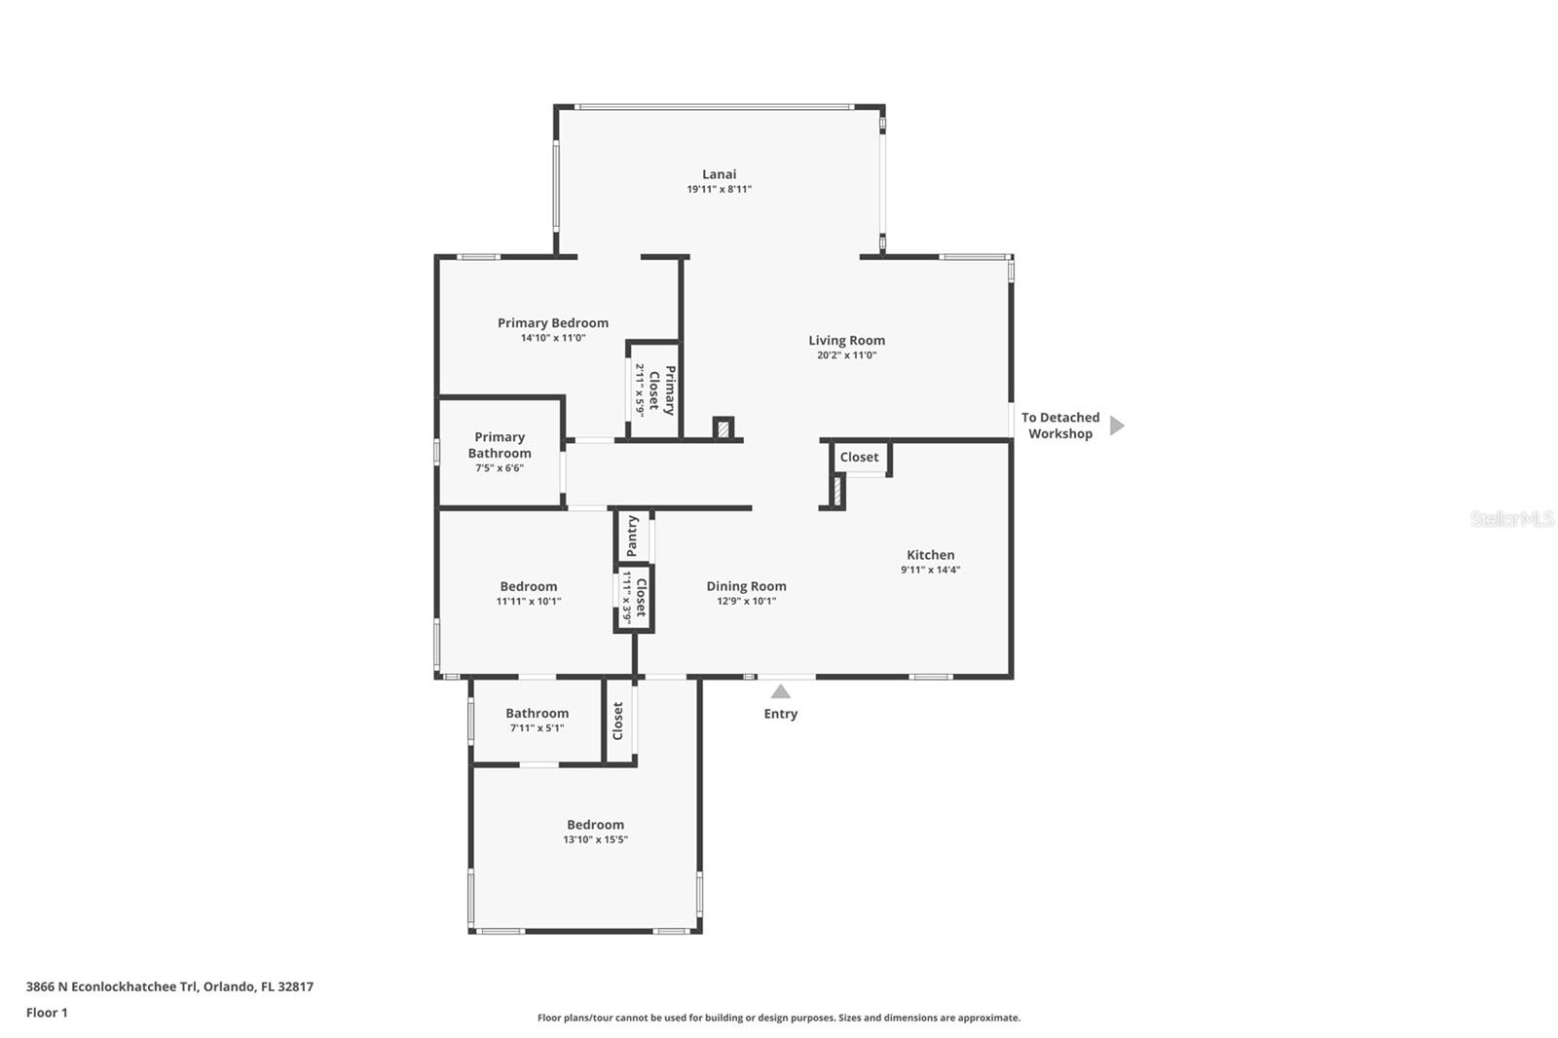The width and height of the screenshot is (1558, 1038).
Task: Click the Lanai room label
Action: point(719,174)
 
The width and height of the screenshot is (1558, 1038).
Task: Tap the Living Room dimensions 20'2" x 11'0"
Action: point(846,354)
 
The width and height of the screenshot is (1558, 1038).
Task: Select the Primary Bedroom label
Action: point(553,323)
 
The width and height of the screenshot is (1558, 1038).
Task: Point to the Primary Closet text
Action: point(662,390)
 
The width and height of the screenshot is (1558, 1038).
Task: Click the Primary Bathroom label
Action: point(500,445)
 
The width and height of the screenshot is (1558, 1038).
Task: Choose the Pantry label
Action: point(632,536)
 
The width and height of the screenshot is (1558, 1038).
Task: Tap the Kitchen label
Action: point(931,554)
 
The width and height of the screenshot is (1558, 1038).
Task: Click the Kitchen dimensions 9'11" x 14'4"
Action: point(931,569)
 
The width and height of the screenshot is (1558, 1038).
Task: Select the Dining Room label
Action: point(746,586)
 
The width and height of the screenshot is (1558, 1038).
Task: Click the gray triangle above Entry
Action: point(780,691)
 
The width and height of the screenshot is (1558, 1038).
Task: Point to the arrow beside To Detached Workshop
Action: point(1116,426)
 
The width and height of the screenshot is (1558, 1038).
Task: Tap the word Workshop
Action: point(1060,433)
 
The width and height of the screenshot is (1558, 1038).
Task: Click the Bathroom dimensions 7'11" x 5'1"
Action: point(537,727)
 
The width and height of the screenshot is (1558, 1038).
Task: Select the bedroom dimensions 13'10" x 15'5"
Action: point(595,839)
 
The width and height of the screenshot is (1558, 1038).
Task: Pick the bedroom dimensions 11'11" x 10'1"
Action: point(529,601)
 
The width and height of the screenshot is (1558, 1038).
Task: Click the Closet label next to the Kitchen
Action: point(859,457)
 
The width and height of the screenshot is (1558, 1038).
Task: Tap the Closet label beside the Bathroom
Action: point(617,721)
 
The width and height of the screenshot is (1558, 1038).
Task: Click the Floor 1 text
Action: point(48,1013)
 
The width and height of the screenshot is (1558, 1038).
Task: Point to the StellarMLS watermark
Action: point(1512,518)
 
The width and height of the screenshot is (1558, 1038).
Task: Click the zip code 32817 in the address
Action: point(296,985)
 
